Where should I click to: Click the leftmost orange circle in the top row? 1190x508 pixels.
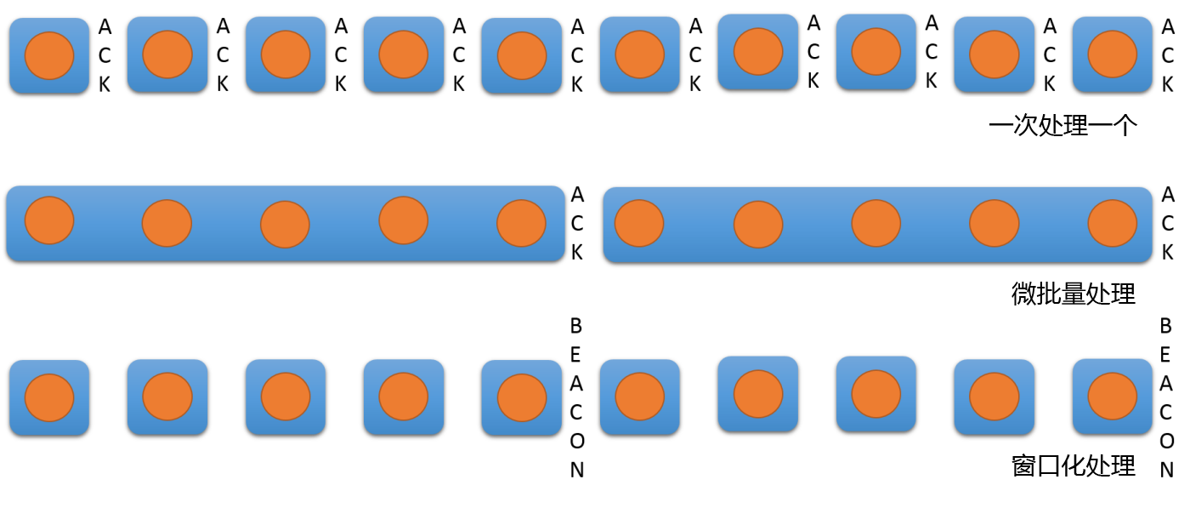coord(49,55)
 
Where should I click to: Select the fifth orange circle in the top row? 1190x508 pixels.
coord(522,56)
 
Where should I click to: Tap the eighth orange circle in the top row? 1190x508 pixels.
coord(876,52)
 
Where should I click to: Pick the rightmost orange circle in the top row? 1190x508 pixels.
coord(1113,54)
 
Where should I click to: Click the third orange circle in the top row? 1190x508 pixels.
coord(286,54)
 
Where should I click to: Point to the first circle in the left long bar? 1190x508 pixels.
coord(49,220)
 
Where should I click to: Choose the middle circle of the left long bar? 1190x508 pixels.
coord(285,225)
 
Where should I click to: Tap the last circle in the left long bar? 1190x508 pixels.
coord(521,223)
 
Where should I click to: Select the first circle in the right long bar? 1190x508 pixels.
coord(639,223)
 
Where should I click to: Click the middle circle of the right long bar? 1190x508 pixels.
coord(876,223)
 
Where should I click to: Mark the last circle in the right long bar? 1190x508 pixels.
coord(1113,223)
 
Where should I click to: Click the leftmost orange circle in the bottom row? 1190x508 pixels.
coord(49,397)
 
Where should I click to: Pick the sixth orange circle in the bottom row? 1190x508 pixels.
coord(640,397)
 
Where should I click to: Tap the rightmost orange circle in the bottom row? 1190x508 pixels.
coord(1113,397)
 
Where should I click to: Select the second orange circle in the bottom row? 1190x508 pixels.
coord(167,397)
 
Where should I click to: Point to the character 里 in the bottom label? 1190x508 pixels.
coord(1125,465)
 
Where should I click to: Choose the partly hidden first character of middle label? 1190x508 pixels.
coord(1021,294)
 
